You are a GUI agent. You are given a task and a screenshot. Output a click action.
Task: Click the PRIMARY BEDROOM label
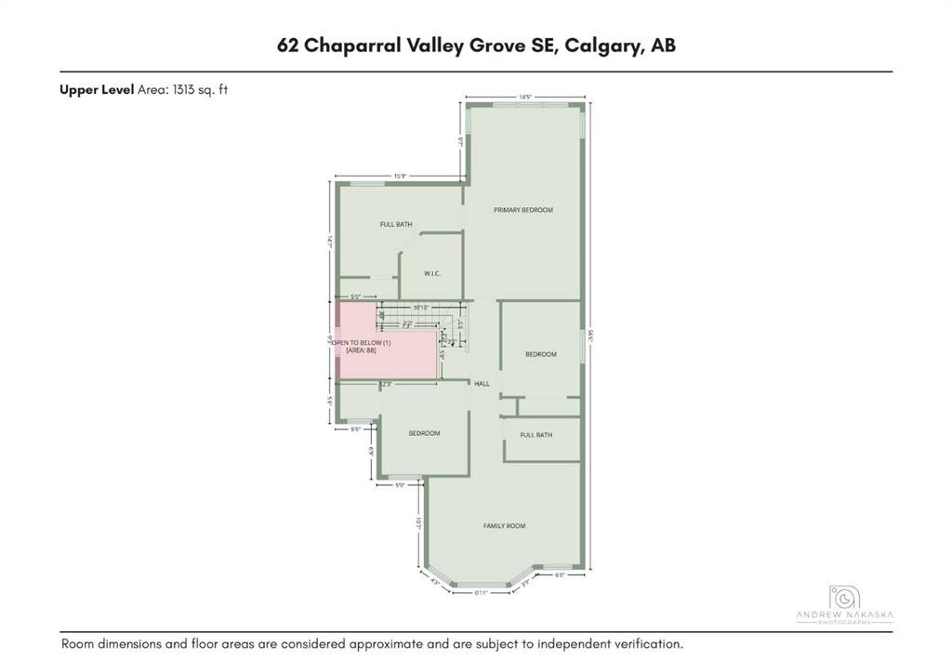522,210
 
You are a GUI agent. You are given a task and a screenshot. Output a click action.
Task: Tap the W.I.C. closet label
431,273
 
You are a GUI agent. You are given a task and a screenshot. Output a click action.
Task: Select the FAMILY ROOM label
504,526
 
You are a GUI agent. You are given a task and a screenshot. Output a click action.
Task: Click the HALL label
482,383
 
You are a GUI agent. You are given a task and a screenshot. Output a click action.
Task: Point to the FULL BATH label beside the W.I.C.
396,225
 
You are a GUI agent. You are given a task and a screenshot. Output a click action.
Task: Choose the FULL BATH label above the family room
536,435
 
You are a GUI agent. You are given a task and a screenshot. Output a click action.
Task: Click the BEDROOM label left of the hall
424,433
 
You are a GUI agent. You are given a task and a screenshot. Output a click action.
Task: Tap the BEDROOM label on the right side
541,354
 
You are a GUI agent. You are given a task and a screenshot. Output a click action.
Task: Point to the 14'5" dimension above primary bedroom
524,97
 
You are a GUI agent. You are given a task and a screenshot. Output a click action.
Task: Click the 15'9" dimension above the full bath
400,176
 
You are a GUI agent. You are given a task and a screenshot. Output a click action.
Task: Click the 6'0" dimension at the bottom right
560,575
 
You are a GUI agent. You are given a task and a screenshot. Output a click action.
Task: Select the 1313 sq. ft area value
197,90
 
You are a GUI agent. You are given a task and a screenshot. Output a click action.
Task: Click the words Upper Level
97,90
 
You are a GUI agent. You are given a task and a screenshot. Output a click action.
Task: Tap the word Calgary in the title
601,46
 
